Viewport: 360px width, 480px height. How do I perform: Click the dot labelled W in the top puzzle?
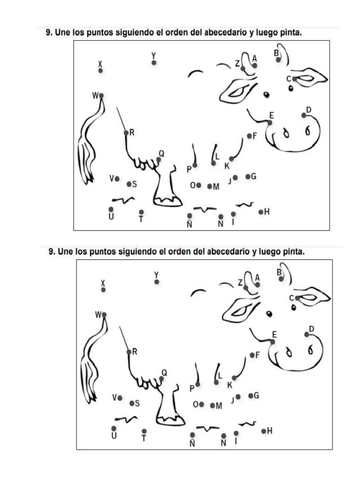tap(101, 96)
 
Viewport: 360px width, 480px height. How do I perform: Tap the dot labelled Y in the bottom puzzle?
tap(157, 282)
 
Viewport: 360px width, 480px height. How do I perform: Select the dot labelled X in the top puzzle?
tap(100, 70)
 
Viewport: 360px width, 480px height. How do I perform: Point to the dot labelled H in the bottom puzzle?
tap(263, 431)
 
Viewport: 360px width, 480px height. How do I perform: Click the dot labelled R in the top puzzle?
tap(126, 133)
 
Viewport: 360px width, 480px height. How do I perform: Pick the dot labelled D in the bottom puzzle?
tap(307, 334)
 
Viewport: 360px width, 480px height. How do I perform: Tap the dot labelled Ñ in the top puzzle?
tap(189, 216)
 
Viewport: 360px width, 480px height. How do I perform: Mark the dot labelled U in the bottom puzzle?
tap(114, 428)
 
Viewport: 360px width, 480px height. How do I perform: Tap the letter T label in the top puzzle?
tap(141, 219)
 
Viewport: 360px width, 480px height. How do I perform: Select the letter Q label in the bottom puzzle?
tap(164, 372)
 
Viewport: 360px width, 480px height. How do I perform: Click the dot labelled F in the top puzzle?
tap(249, 136)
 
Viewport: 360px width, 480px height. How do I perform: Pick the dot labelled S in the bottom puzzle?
tap(132, 403)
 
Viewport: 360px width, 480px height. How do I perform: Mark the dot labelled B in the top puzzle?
tap(278, 60)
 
